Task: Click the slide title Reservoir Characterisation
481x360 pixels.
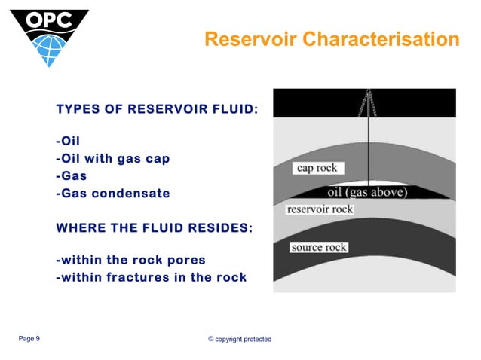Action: click(x=332, y=39)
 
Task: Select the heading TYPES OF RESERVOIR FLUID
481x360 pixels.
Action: click(x=157, y=110)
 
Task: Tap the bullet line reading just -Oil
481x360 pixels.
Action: click(x=68, y=141)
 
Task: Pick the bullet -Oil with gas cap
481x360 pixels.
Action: click(x=112, y=158)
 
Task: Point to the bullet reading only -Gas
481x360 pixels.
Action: click(x=71, y=175)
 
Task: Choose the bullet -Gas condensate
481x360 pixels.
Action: click(x=112, y=193)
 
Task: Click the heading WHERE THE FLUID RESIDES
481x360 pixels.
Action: click(x=155, y=227)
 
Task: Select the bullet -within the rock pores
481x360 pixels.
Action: click(x=130, y=260)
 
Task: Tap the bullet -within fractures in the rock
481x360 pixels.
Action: click(x=151, y=277)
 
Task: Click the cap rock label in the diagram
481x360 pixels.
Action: click(x=317, y=168)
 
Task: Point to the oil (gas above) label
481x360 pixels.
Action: click(x=367, y=192)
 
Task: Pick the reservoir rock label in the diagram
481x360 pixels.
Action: click(x=320, y=209)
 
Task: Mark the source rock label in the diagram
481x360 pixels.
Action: click(x=318, y=247)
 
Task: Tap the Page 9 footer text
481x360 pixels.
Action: click(x=29, y=339)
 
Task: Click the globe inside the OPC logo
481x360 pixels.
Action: click(x=50, y=47)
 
